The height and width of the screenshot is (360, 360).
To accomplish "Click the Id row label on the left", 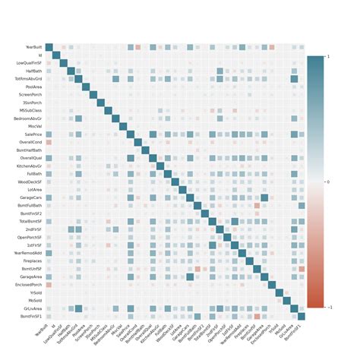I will tap(39, 55).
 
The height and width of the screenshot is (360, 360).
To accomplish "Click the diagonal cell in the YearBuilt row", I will tap(49, 47).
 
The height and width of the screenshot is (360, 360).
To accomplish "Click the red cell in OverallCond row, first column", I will tap(49, 142).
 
